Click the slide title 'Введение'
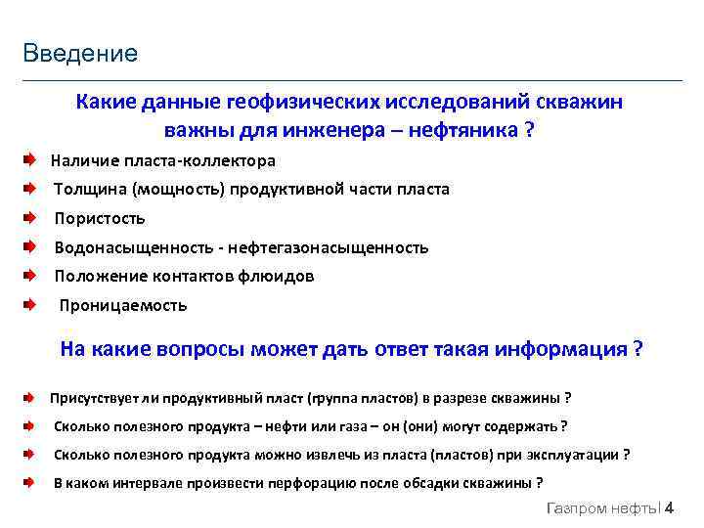coord(81,53)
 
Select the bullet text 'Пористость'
coord(99,218)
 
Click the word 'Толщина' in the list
coord(89,189)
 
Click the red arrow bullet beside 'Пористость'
coord(30,218)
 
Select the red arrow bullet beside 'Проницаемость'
coord(30,305)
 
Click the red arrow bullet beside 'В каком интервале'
coord(30,483)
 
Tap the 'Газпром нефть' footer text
coord(602,509)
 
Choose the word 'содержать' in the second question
coord(522,426)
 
